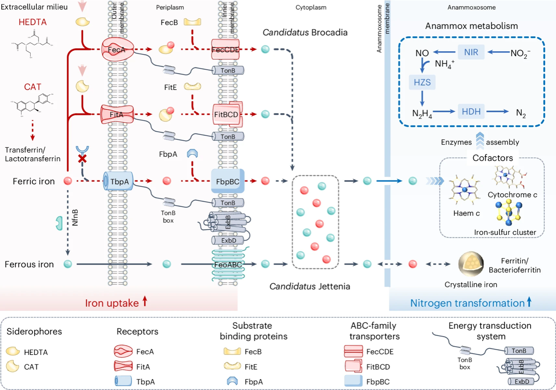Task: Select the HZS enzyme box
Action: tap(422, 82)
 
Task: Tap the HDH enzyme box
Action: tap(471, 111)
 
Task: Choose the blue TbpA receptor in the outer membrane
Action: tap(117, 180)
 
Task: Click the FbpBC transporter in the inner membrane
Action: tap(228, 181)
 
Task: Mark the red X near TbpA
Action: tap(81, 159)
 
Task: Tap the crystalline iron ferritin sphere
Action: tap(468, 264)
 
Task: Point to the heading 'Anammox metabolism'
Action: tap(471, 26)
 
